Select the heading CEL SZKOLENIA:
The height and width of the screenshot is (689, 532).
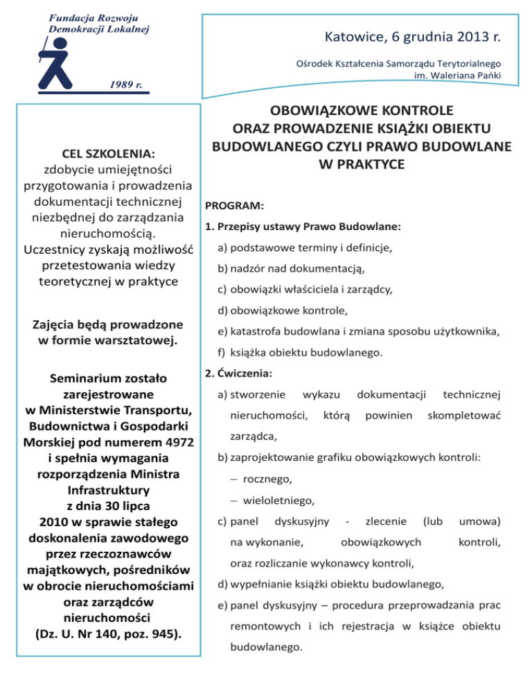coord(107,151)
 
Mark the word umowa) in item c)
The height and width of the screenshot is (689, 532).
coord(481,520)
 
